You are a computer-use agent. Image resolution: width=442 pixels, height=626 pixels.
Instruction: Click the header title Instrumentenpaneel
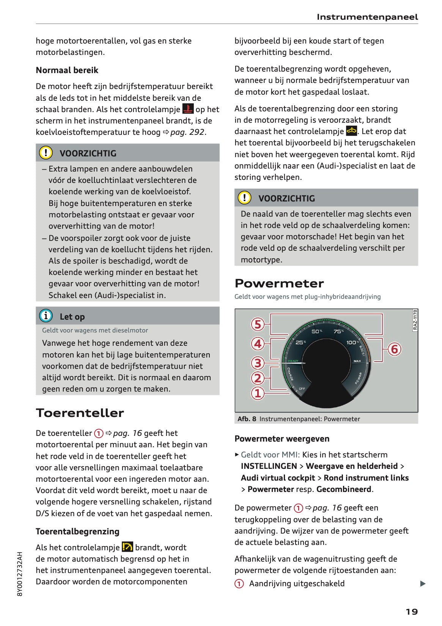(x=367, y=17)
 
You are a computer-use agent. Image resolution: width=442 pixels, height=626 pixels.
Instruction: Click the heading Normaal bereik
(x=67, y=70)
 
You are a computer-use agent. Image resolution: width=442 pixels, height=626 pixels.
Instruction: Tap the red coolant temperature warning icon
(x=188, y=109)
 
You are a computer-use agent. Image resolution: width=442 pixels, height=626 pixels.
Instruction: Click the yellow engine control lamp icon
(x=351, y=131)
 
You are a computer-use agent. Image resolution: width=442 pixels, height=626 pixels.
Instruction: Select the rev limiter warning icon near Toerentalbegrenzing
(x=127, y=547)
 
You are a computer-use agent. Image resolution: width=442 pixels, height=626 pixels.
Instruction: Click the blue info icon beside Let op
(x=46, y=316)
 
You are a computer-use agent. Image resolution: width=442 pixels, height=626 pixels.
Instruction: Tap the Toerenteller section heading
(x=80, y=413)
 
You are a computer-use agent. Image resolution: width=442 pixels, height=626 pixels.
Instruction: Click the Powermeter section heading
(x=279, y=283)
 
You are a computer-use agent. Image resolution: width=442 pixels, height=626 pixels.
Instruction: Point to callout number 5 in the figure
(x=258, y=324)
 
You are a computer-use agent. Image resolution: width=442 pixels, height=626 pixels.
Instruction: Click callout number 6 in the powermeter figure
(x=394, y=349)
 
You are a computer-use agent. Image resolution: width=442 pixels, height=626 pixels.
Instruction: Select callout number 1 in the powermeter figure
(x=258, y=393)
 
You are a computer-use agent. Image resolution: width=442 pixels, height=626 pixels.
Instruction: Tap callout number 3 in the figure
(x=258, y=363)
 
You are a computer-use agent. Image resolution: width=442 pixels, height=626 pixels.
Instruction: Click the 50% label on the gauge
(x=316, y=331)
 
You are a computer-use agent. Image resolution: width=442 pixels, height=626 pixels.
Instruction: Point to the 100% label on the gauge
(x=352, y=342)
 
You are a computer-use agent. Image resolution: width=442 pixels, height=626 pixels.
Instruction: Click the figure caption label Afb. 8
(x=247, y=419)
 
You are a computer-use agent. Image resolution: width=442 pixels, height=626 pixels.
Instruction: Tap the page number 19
(x=412, y=612)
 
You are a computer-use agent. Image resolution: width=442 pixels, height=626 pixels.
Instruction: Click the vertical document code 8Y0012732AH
(x=20, y=574)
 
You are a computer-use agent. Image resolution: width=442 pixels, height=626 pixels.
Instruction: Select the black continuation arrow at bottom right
(x=423, y=584)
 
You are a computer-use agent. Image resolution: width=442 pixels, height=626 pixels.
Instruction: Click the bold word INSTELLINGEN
(x=269, y=466)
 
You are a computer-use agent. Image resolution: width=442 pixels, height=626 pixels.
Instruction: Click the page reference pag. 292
(x=187, y=132)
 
